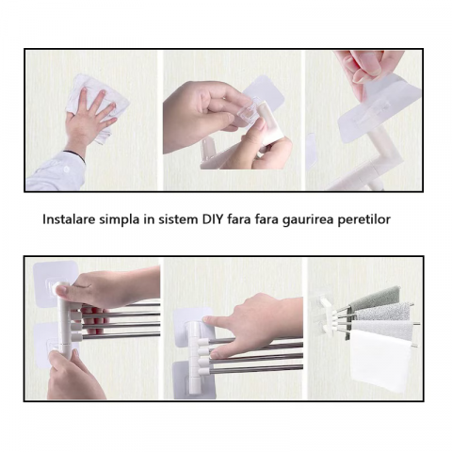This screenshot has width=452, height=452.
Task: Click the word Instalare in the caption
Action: pyautogui.click(x=69, y=219)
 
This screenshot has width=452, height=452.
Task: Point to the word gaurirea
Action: pyautogui.click(x=308, y=219)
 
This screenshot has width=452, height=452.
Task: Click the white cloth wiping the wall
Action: pyautogui.click(x=96, y=106)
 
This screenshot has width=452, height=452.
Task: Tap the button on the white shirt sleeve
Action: pyautogui.click(x=67, y=169)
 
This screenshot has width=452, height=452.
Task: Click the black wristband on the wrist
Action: pyautogui.click(x=74, y=156)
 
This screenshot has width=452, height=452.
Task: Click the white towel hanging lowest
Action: pyautogui.click(x=379, y=361)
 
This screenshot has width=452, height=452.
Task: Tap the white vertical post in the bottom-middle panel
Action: pyautogui.click(x=195, y=358)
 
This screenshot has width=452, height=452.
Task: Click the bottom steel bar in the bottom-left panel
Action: pyautogui.click(x=121, y=335)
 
